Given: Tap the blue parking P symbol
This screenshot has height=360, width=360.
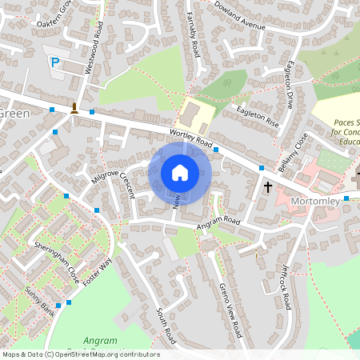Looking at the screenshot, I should point(55,62).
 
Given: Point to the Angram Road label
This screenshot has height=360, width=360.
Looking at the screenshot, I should point(219,224).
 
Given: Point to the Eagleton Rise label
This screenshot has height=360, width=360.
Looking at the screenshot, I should point(256,114).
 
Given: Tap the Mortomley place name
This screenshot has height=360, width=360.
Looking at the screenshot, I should point(315,201).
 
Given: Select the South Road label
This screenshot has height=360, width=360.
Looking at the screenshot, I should point(165,319).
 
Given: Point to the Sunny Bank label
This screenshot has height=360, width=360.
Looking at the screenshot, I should point(38,302).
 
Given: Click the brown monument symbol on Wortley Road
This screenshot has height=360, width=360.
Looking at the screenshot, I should point(74,108).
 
